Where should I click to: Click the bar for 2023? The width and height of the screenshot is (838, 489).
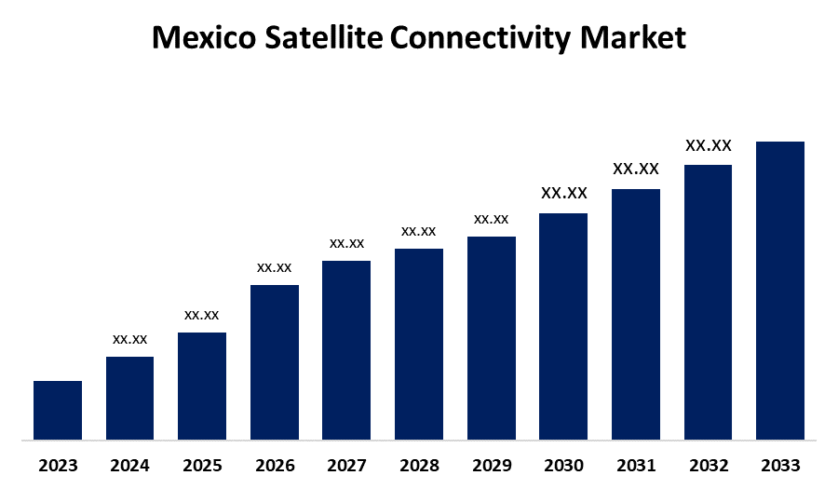pos(58,410)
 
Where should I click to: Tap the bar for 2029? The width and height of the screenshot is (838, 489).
pos(492,337)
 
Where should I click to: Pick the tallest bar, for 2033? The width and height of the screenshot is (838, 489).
pos(780,290)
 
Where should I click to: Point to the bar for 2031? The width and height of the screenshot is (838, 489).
pos(636,314)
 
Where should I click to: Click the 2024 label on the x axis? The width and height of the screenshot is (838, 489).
pos(129,465)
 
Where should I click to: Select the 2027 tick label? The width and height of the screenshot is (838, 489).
pos(346,465)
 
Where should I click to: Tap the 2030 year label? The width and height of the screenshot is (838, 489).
pos(563,465)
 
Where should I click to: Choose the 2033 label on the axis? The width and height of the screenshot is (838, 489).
pos(780,465)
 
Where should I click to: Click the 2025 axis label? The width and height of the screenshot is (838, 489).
pos(202,465)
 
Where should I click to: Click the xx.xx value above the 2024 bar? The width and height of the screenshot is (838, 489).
pos(130,339)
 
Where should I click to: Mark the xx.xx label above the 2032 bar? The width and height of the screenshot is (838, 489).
pos(709,145)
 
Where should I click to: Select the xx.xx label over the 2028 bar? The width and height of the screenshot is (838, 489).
pos(419,231)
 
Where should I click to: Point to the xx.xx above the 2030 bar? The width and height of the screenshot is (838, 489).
pos(564,193)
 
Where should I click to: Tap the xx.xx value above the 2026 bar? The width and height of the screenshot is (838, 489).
pos(275,267)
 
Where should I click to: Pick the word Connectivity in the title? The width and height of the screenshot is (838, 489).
pos(481,38)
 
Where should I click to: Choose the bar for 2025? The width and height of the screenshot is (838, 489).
pos(202,386)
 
